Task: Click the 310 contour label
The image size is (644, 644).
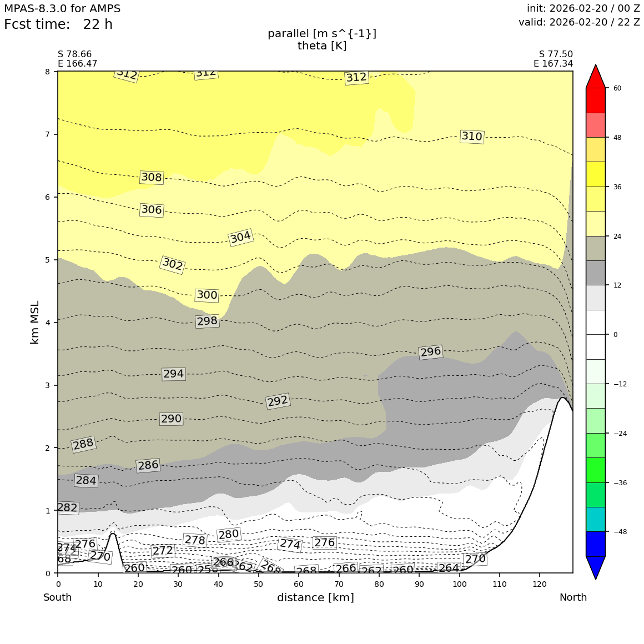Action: [x=472, y=137]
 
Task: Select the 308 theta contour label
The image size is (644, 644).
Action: [x=152, y=178]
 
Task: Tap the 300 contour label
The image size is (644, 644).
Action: [x=207, y=295]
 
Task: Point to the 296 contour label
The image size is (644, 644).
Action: [x=430, y=352]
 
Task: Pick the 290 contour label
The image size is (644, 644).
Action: [x=171, y=419]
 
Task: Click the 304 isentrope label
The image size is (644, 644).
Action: [x=240, y=237]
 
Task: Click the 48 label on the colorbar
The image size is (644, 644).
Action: [x=617, y=138]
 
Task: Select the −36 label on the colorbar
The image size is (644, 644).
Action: [x=620, y=482]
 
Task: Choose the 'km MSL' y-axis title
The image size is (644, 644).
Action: [x=35, y=322]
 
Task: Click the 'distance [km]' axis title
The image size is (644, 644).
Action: [x=315, y=598]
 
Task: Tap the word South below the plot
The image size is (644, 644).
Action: [x=58, y=598]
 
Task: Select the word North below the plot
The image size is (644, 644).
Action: [x=573, y=598]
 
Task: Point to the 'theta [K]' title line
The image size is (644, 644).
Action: [x=322, y=46]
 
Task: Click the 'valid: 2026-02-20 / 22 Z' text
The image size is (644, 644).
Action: [x=579, y=22]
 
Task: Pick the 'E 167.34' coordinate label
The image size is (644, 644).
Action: [x=553, y=64]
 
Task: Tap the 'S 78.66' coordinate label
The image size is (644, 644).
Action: [x=74, y=54]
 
